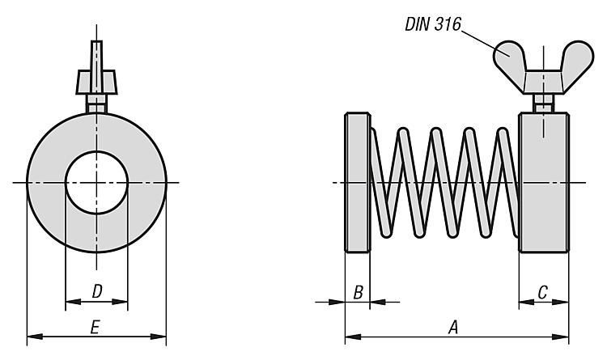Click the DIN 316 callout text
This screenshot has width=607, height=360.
[x=433, y=24]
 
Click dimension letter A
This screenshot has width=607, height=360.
[x=454, y=327]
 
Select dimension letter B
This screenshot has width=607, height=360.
[x=357, y=292]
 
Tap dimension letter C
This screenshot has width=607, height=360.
[x=543, y=292]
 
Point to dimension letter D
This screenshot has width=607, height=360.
[x=96, y=290]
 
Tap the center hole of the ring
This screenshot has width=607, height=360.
[x=96, y=183]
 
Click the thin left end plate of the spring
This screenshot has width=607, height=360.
[x=358, y=183]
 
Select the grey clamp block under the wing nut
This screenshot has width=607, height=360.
[x=543, y=183]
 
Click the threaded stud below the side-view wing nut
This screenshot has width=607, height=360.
[x=542, y=104]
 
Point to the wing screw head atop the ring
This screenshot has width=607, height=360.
[x=96, y=78]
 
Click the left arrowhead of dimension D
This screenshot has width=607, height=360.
[x=70, y=302]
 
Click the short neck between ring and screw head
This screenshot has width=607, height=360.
[x=96, y=105]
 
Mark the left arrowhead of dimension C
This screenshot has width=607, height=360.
[x=524, y=302]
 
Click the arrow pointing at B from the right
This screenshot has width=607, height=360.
[x=376, y=302]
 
